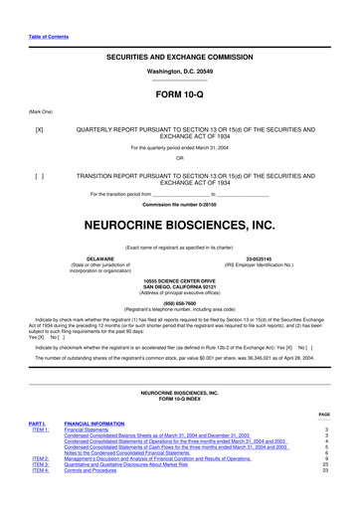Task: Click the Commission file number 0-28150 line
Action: (179, 204)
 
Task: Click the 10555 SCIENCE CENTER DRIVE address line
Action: (179, 281)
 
